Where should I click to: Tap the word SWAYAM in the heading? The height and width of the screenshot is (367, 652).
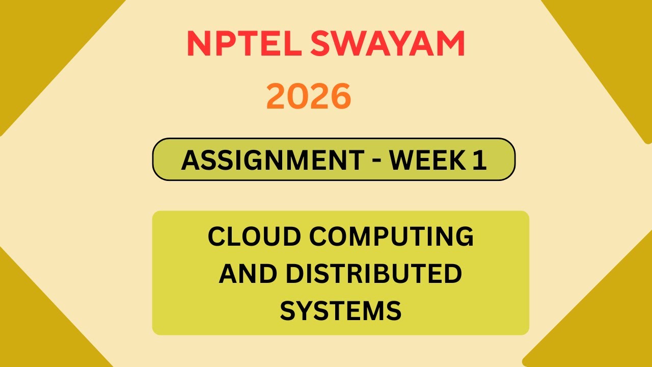(x=387, y=44)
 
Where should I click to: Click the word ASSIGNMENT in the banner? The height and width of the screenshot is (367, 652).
(x=270, y=160)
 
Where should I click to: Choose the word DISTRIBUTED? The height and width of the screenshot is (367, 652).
(x=373, y=274)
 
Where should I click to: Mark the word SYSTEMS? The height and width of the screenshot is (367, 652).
(x=341, y=310)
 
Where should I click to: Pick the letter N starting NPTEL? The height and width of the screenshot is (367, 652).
(x=197, y=44)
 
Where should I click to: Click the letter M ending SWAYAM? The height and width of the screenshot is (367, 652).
(x=451, y=44)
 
